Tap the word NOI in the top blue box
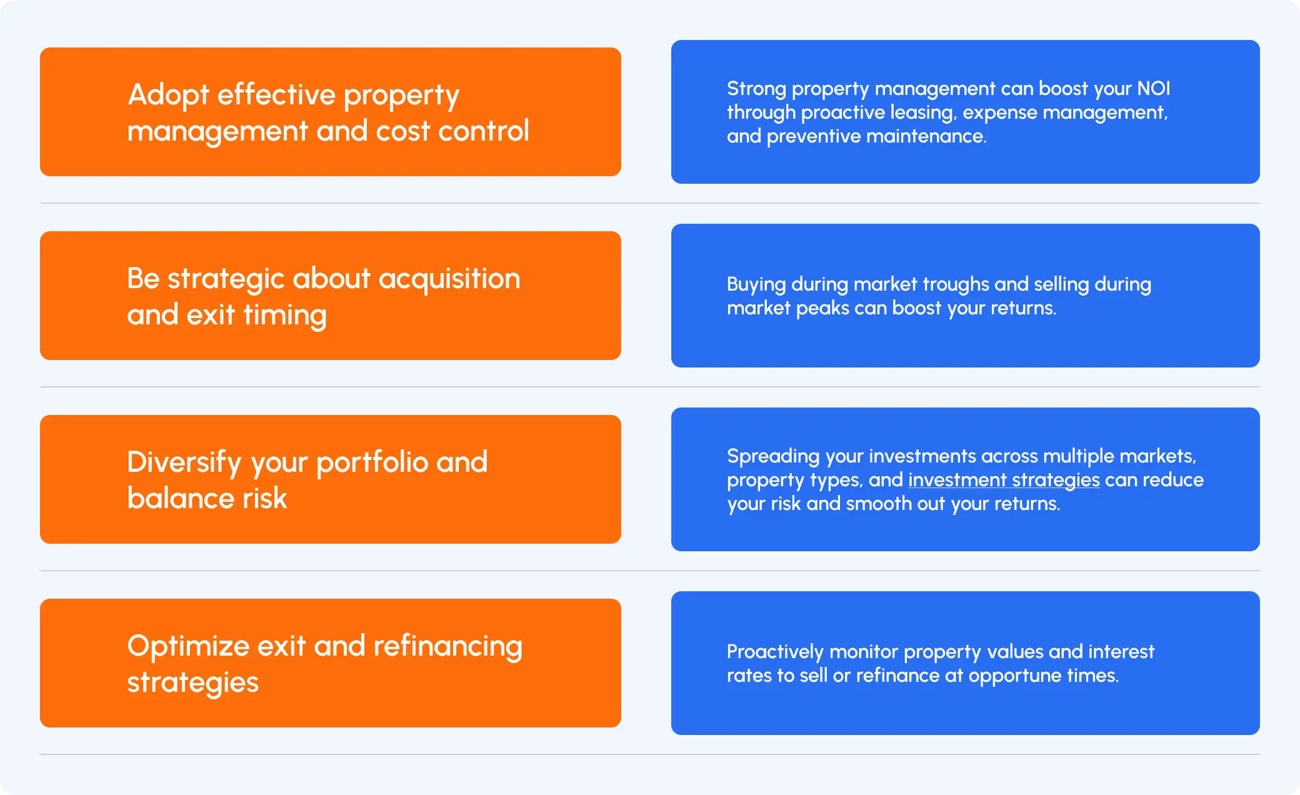pos(1153,89)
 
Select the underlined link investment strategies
pos(1003,480)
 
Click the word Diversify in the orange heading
pos(184,462)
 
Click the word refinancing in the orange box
pos(447,646)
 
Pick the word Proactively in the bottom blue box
pos(775,652)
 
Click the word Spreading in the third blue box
pos(772,456)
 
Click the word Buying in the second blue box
pos(756,284)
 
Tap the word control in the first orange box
pos(483,131)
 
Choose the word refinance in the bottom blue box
pos(897,676)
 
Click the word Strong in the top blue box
pos(756,89)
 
